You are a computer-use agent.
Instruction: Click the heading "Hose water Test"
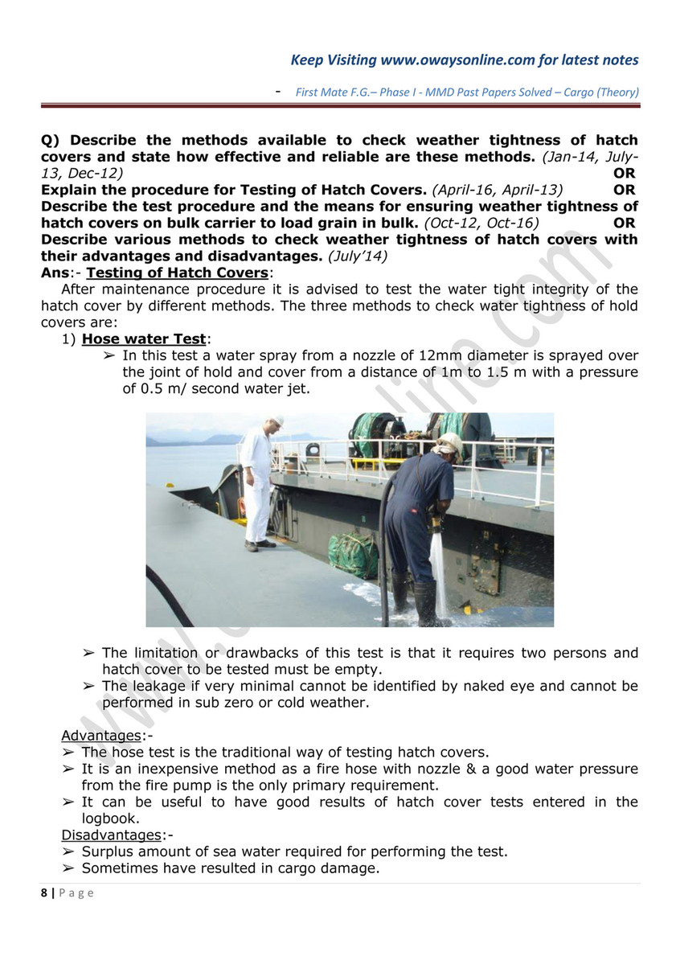click(144, 338)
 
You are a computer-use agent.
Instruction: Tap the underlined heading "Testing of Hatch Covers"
click(178, 273)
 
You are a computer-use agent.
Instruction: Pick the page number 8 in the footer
click(44, 892)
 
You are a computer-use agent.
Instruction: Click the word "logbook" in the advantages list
click(110, 818)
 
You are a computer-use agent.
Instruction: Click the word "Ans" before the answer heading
click(55, 273)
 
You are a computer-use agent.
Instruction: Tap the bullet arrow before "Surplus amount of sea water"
click(68, 851)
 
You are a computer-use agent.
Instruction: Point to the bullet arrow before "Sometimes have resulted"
click(68, 868)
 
